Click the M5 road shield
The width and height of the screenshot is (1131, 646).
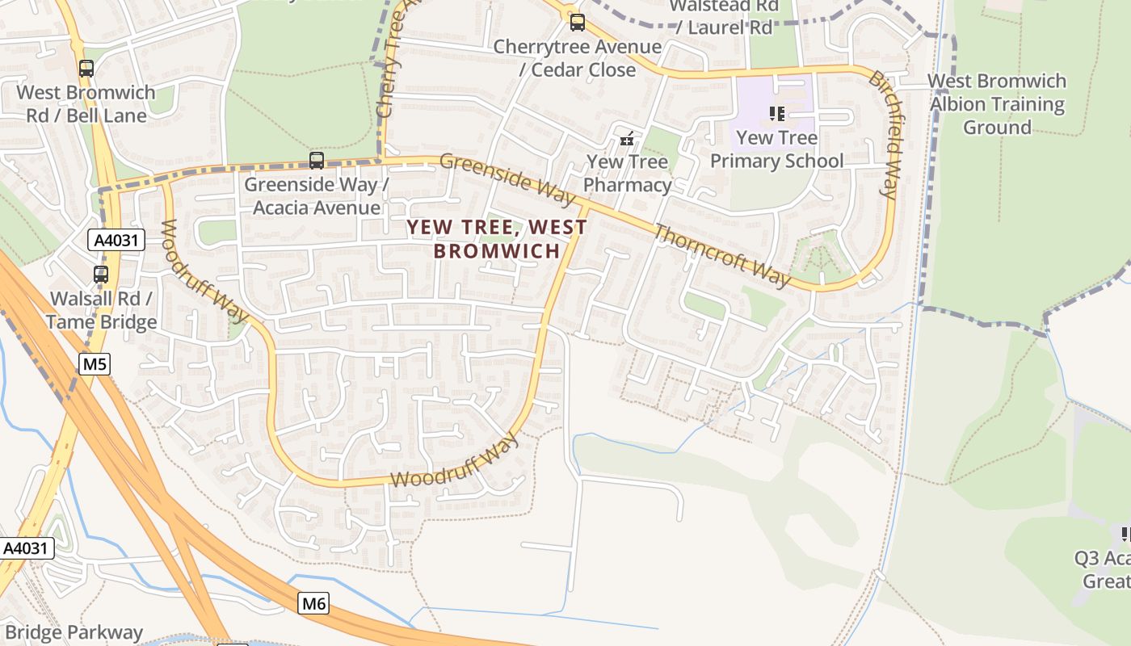tap(95, 364)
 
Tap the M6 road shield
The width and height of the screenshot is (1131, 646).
tap(313, 602)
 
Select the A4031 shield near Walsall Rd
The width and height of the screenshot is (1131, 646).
tap(116, 240)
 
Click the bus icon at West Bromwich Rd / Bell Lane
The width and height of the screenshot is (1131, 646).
tap(86, 69)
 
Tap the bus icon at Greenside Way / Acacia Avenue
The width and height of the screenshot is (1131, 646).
tap(317, 160)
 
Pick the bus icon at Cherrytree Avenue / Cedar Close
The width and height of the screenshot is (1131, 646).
tap(577, 23)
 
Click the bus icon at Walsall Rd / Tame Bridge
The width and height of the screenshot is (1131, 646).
tap(101, 275)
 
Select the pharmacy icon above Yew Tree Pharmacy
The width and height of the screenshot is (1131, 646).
tap(627, 139)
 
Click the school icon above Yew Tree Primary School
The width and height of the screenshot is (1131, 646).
tap(776, 114)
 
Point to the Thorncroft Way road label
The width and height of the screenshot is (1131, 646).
tap(721, 255)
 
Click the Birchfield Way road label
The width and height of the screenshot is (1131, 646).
tap(883, 134)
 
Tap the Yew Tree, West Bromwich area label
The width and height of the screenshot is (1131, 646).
tap(497, 238)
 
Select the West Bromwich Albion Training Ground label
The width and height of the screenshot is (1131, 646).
tap(997, 104)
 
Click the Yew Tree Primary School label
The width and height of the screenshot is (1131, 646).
tap(776, 149)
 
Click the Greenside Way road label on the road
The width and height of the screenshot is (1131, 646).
tap(507, 178)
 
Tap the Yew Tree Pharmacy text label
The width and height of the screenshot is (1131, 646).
tap(628, 173)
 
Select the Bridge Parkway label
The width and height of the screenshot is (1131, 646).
tap(73, 632)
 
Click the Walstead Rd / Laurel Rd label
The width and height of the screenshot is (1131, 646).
tap(724, 16)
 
